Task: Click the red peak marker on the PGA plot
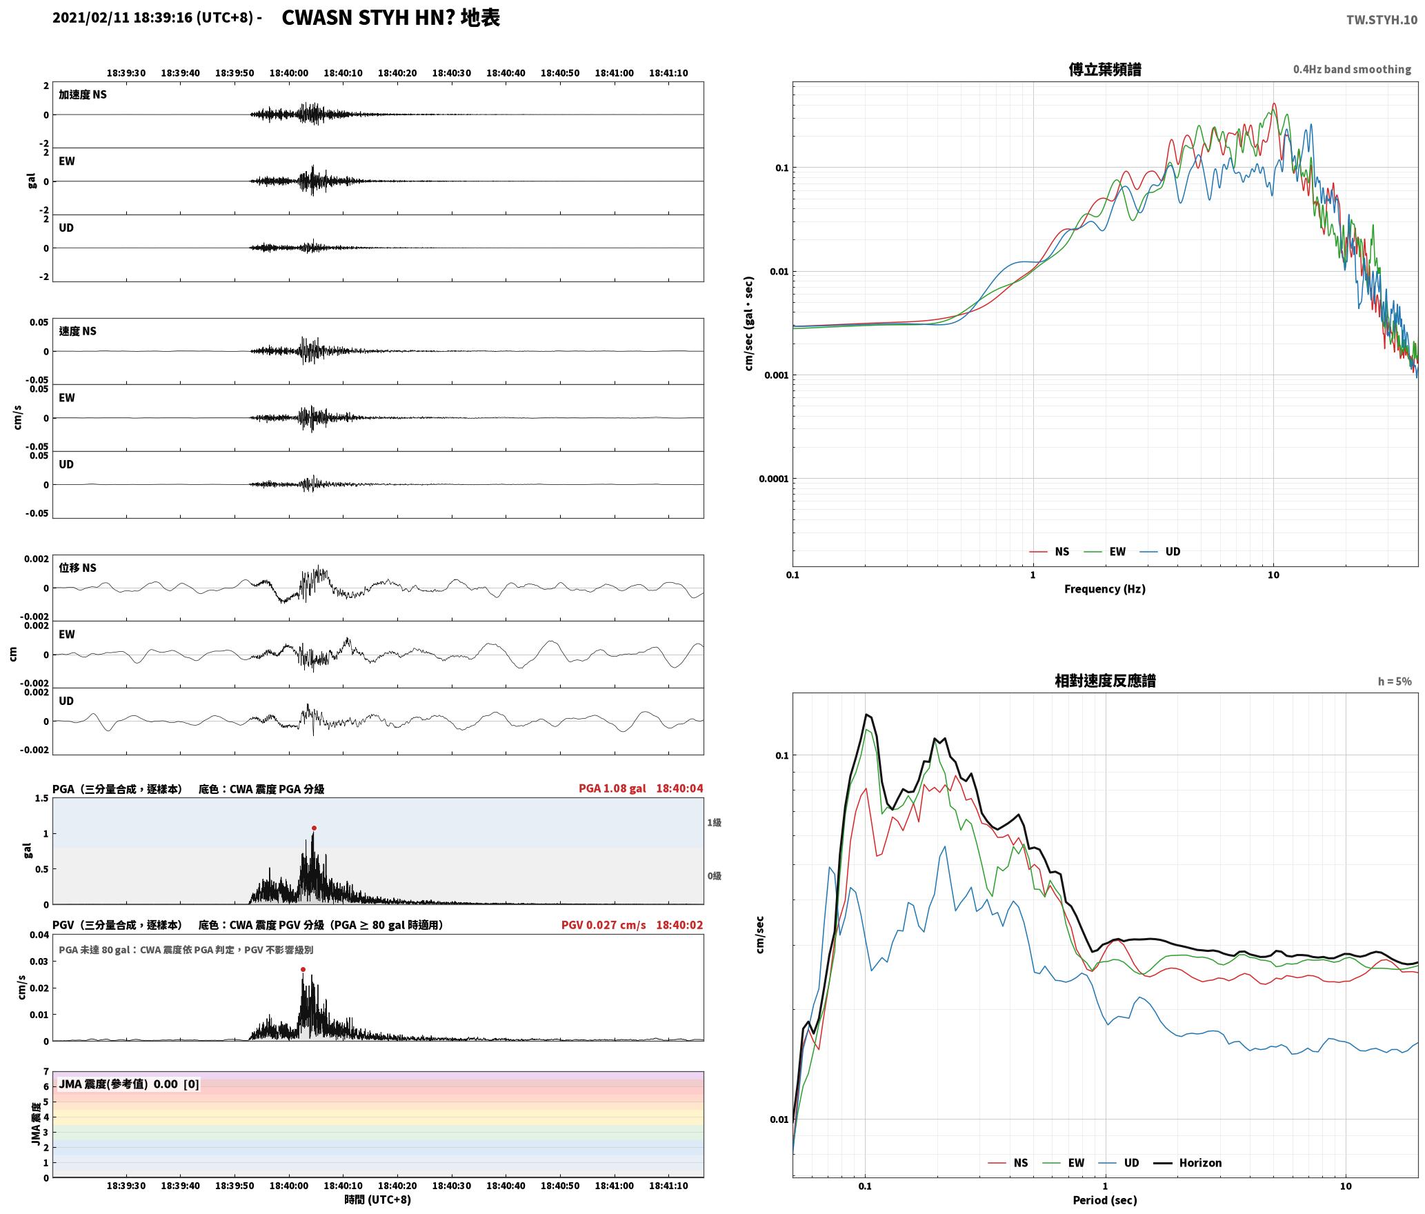click(x=314, y=828)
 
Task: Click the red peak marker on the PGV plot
click(x=303, y=969)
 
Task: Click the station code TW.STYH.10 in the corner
click(x=1382, y=19)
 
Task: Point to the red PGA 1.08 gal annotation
click(x=612, y=788)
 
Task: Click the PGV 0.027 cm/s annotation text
click(x=604, y=924)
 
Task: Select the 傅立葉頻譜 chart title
click(x=1104, y=69)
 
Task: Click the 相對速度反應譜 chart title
click(x=1105, y=680)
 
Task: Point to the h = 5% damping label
click(x=1395, y=681)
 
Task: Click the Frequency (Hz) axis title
click(x=1104, y=588)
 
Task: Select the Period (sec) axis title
click(x=1104, y=1200)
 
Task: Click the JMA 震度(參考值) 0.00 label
click(x=118, y=1084)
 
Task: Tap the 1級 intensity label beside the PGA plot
click(x=714, y=822)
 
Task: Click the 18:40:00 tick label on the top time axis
click(x=288, y=72)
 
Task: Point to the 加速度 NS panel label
click(x=83, y=94)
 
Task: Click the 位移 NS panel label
click(x=77, y=568)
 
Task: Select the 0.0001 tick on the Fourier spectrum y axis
click(x=773, y=479)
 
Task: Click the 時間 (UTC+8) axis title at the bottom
click(x=378, y=1200)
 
